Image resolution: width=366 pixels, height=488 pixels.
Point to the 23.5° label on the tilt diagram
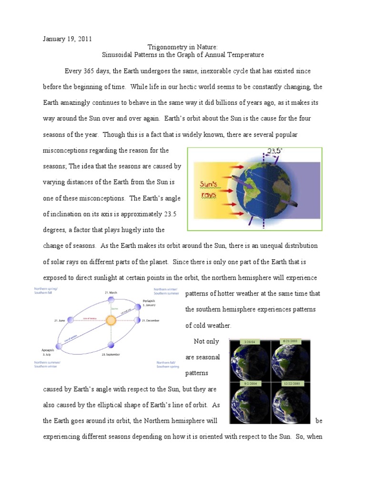[x=274, y=152]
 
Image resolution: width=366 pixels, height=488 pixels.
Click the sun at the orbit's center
[x=111, y=320]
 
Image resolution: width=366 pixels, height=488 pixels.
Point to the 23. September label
[x=111, y=355]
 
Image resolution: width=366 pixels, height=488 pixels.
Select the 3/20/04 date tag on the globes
[x=250, y=342]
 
